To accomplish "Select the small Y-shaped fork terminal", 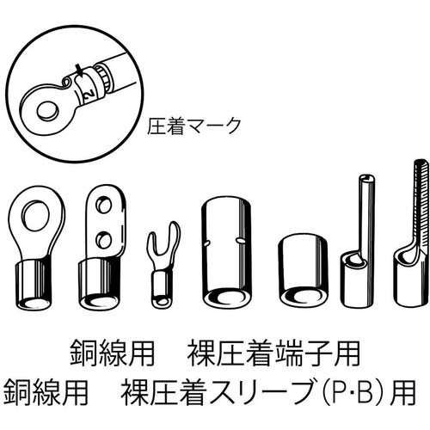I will [160, 267].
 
